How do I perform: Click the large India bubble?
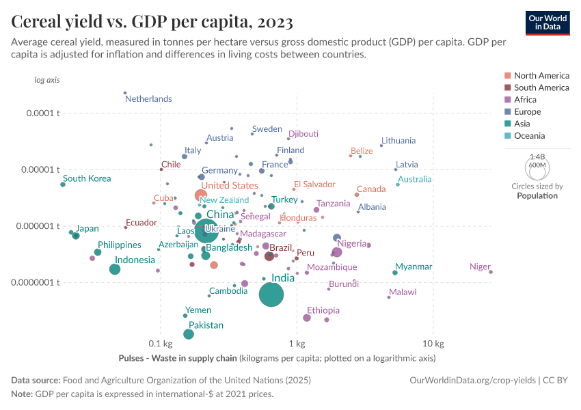[x=271, y=295]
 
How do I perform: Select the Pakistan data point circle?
[x=188, y=334]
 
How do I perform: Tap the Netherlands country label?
[x=148, y=99]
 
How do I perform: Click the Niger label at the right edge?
[x=480, y=266]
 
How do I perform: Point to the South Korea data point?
[x=63, y=184]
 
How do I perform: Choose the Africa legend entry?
[x=526, y=100]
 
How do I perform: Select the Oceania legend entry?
[x=529, y=136]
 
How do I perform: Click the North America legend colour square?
[x=507, y=76]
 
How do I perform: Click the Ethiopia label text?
[x=323, y=310]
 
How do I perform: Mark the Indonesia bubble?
[x=115, y=269]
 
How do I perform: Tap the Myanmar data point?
[x=395, y=273]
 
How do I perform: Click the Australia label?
[x=414, y=180]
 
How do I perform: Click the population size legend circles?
[x=537, y=166]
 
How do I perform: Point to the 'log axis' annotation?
[x=47, y=80]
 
